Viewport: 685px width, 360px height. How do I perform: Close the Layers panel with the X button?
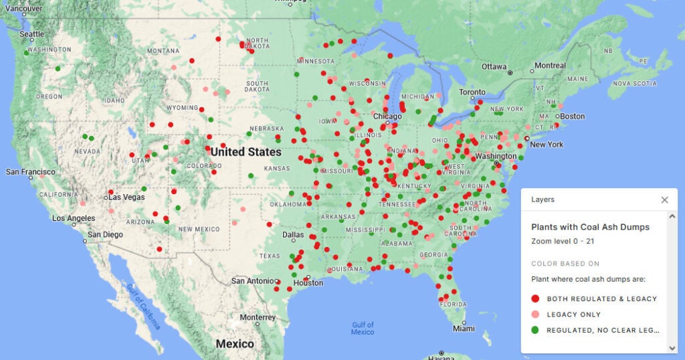[x=664, y=199]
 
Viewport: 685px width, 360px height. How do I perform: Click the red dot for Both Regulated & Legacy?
[x=534, y=298]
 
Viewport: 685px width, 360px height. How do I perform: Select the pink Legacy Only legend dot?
[x=534, y=314]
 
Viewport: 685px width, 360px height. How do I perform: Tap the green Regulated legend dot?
[x=534, y=330]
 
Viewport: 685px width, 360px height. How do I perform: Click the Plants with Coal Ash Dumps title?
[x=590, y=227]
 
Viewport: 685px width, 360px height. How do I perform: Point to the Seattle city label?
[x=31, y=34]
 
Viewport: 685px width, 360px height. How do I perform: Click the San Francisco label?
[x=31, y=172]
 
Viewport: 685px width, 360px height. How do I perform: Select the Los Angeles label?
[x=74, y=219]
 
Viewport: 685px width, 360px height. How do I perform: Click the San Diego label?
[x=106, y=235]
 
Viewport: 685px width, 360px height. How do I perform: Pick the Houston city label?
[x=308, y=283]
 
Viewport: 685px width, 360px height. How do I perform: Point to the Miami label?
[x=463, y=329]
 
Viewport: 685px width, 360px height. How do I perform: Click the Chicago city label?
[x=387, y=116]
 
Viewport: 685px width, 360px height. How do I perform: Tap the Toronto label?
[x=472, y=92]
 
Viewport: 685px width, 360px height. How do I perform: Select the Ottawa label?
[x=494, y=67]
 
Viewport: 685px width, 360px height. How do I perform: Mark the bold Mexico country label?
[x=234, y=344]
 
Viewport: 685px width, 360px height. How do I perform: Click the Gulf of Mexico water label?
[x=363, y=328]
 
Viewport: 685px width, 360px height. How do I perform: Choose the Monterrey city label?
[x=257, y=317]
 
